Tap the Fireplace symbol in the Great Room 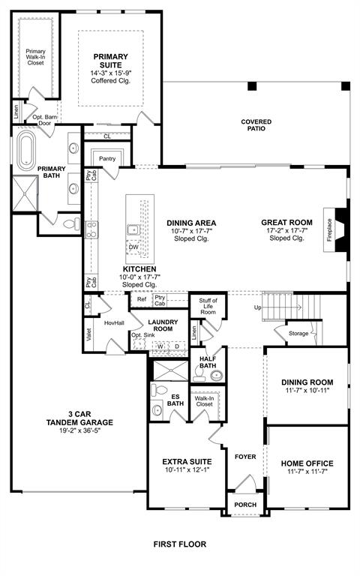tap(338, 224)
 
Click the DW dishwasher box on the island tap(133, 247)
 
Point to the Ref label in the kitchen tap(141, 299)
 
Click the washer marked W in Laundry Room tap(160, 346)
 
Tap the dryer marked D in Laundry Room tap(177, 346)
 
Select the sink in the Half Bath tap(216, 375)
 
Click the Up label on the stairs tap(258, 308)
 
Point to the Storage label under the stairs tap(298, 333)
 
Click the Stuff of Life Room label tap(208, 306)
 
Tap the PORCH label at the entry tap(244, 505)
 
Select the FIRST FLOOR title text tap(179, 544)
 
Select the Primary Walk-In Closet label tap(35, 57)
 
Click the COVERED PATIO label tap(256, 125)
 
